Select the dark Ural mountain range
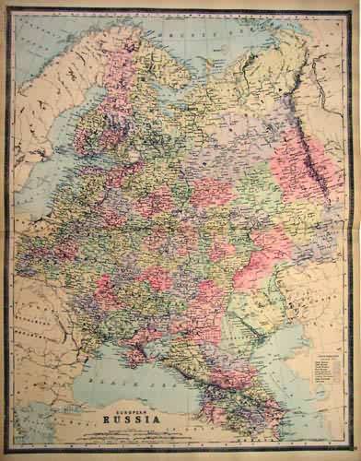click(299, 148)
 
